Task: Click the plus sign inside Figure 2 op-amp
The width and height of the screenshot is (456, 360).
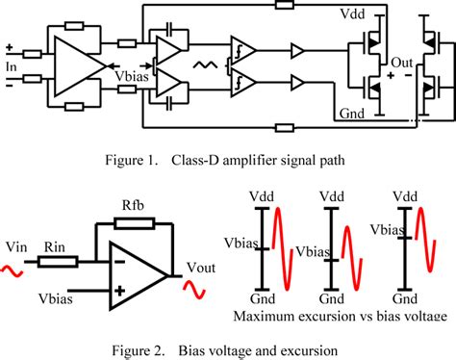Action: pyautogui.click(x=117, y=290)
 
